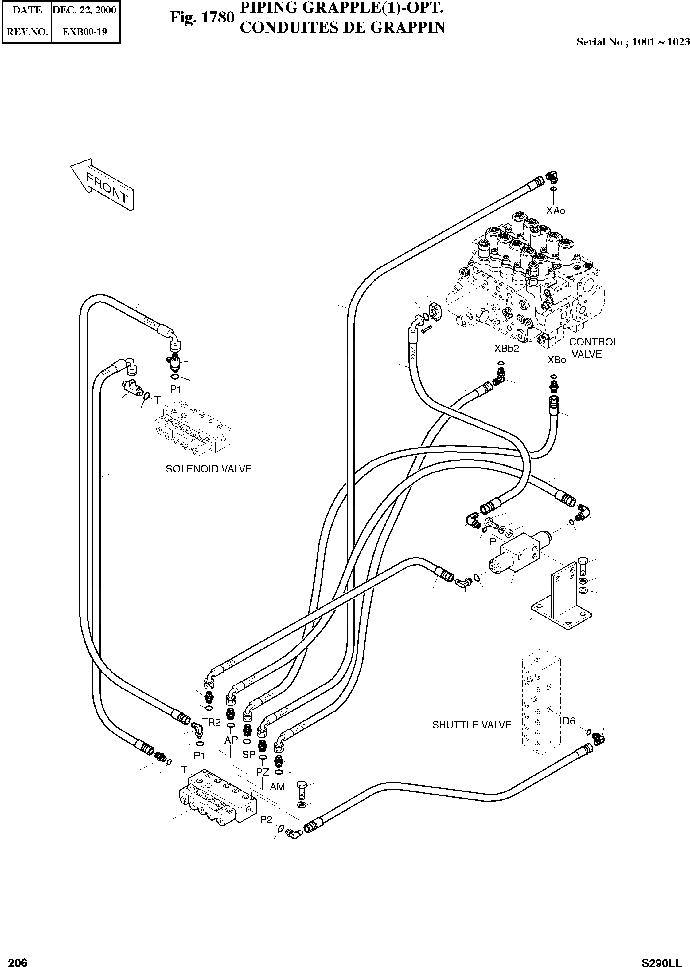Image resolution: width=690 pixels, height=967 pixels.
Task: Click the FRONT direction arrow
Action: pyautogui.click(x=102, y=185)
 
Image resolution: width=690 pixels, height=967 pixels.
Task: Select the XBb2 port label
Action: pyautogui.click(x=506, y=348)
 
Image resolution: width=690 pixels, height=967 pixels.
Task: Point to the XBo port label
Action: pyautogui.click(x=557, y=360)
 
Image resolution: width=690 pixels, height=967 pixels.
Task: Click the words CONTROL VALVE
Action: pyautogui.click(x=594, y=348)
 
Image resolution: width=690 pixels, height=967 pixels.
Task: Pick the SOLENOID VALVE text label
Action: pyautogui.click(x=209, y=469)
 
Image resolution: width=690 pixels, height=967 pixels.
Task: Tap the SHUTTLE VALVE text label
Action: pyautogui.click(x=472, y=725)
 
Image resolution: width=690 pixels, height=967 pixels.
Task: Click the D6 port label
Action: pyautogui.click(x=569, y=721)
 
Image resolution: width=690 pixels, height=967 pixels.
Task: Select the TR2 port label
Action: pyautogui.click(x=211, y=722)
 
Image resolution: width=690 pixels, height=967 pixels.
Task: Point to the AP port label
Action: pyautogui.click(x=231, y=740)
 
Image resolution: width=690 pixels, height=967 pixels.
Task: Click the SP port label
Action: pyautogui.click(x=248, y=754)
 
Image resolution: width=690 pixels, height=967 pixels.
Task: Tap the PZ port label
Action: pyautogui.click(x=263, y=772)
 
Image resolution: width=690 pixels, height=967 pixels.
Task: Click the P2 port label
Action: pyautogui.click(x=266, y=819)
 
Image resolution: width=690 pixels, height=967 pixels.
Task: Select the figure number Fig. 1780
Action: pyautogui.click(x=202, y=18)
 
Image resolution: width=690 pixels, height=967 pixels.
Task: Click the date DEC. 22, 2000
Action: pyautogui.click(x=84, y=10)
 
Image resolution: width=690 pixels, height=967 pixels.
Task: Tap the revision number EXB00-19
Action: pyautogui.click(x=84, y=32)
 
